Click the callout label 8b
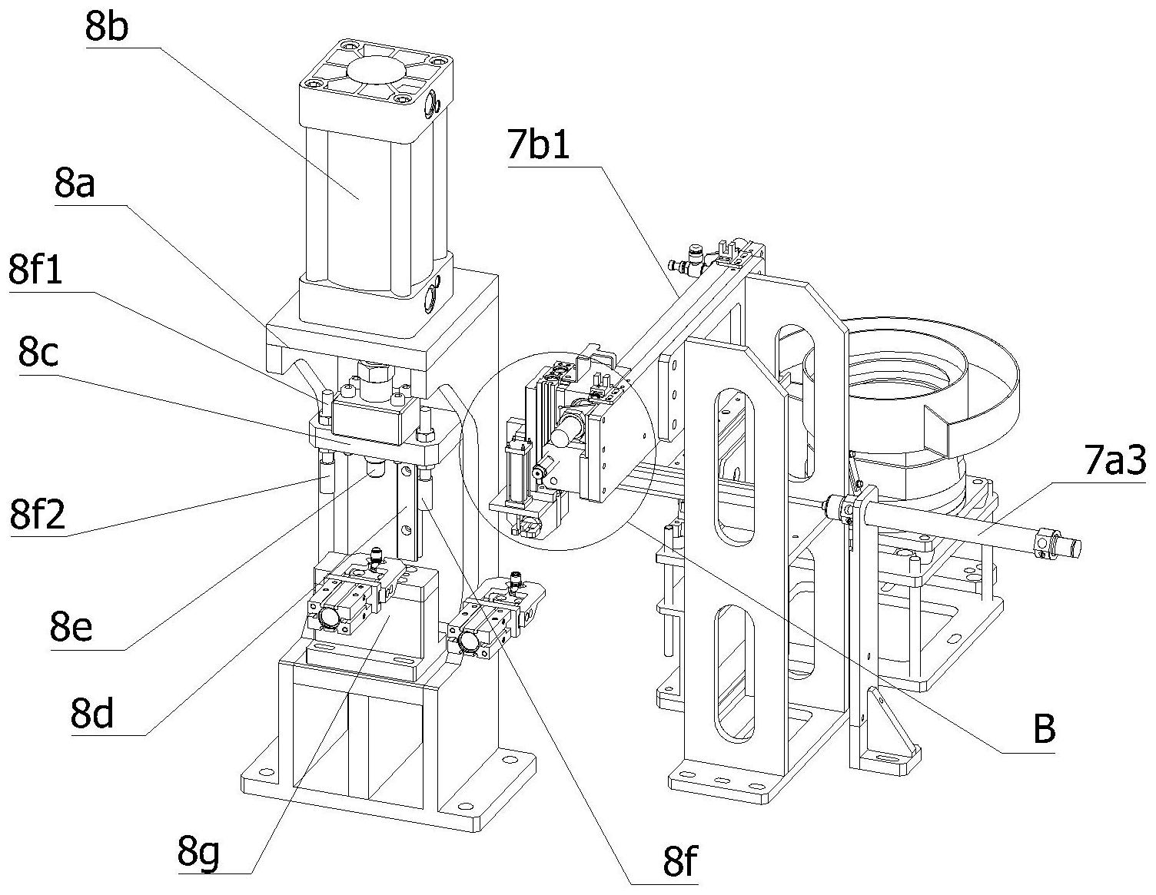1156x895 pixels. point(106,27)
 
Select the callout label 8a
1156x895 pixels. point(75,184)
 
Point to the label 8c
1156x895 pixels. point(38,353)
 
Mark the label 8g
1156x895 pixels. point(198,854)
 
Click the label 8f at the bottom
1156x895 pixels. point(680,861)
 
